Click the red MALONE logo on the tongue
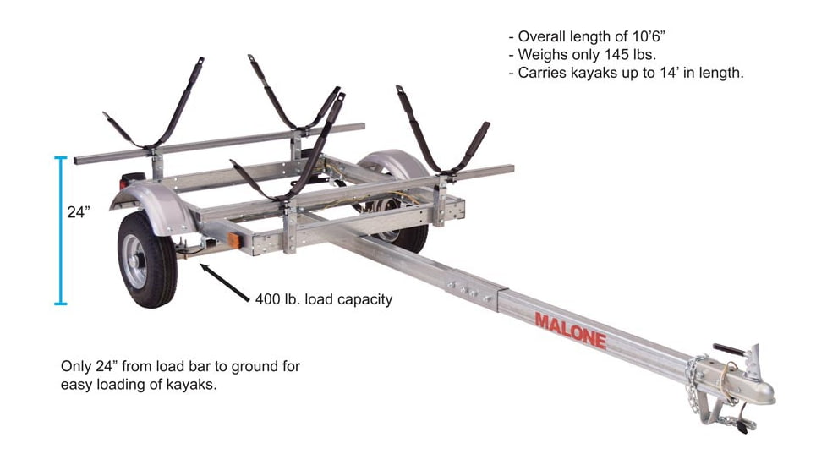(570, 330)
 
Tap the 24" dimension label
(79, 213)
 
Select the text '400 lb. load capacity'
(323, 299)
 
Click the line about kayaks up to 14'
(626, 74)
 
